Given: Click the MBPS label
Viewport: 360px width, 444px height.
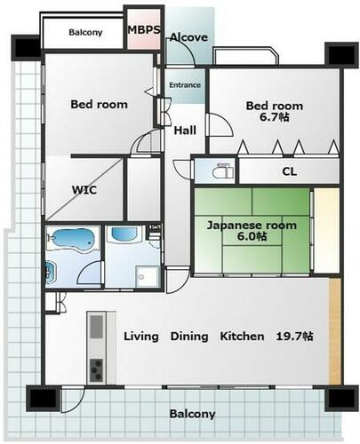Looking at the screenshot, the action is (144, 29).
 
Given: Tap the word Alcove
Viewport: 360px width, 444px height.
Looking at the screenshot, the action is (188, 37).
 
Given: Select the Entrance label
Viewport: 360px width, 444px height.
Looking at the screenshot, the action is (185, 85).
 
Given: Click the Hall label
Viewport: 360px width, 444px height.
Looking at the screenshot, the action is (185, 131).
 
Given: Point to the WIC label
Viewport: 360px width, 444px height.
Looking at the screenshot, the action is (84, 190).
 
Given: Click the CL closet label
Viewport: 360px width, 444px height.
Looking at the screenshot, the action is (290, 171).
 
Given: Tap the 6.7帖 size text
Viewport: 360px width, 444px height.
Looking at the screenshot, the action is (275, 117).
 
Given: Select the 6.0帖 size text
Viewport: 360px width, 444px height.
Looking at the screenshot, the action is (252, 236).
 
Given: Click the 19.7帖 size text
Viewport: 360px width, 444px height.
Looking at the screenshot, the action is (294, 337).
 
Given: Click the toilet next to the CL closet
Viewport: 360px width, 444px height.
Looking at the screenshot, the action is (223, 170).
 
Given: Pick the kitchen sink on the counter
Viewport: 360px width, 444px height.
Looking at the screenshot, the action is (97, 327).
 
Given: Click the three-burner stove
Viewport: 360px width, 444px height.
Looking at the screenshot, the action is (97, 370).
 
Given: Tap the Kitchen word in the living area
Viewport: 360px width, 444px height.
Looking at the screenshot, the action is (242, 337).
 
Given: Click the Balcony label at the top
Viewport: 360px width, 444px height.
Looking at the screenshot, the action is (85, 32).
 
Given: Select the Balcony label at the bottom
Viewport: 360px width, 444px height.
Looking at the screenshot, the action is (192, 414).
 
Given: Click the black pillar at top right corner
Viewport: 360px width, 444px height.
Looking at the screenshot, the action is (340, 53).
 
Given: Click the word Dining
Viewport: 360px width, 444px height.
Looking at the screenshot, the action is (189, 337).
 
